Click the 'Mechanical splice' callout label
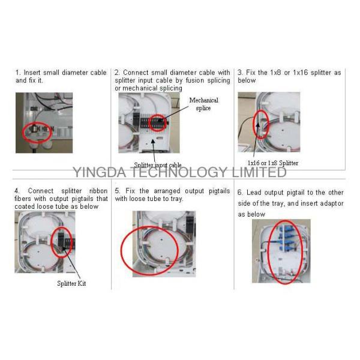(x=203, y=104)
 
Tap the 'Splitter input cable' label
(x=157, y=165)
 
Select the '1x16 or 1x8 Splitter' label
(x=273, y=163)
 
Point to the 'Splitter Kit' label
(x=71, y=283)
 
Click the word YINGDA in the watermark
(x=100, y=172)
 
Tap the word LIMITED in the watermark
(x=259, y=172)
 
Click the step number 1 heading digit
(x=17, y=73)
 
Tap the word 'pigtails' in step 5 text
(x=219, y=191)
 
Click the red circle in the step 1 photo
(x=23, y=132)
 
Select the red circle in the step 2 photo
(x=148, y=123)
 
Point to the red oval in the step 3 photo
(x=253, y=124)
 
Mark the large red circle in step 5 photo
(x=121, y=251)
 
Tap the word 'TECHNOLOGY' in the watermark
(x=179, y=172)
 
